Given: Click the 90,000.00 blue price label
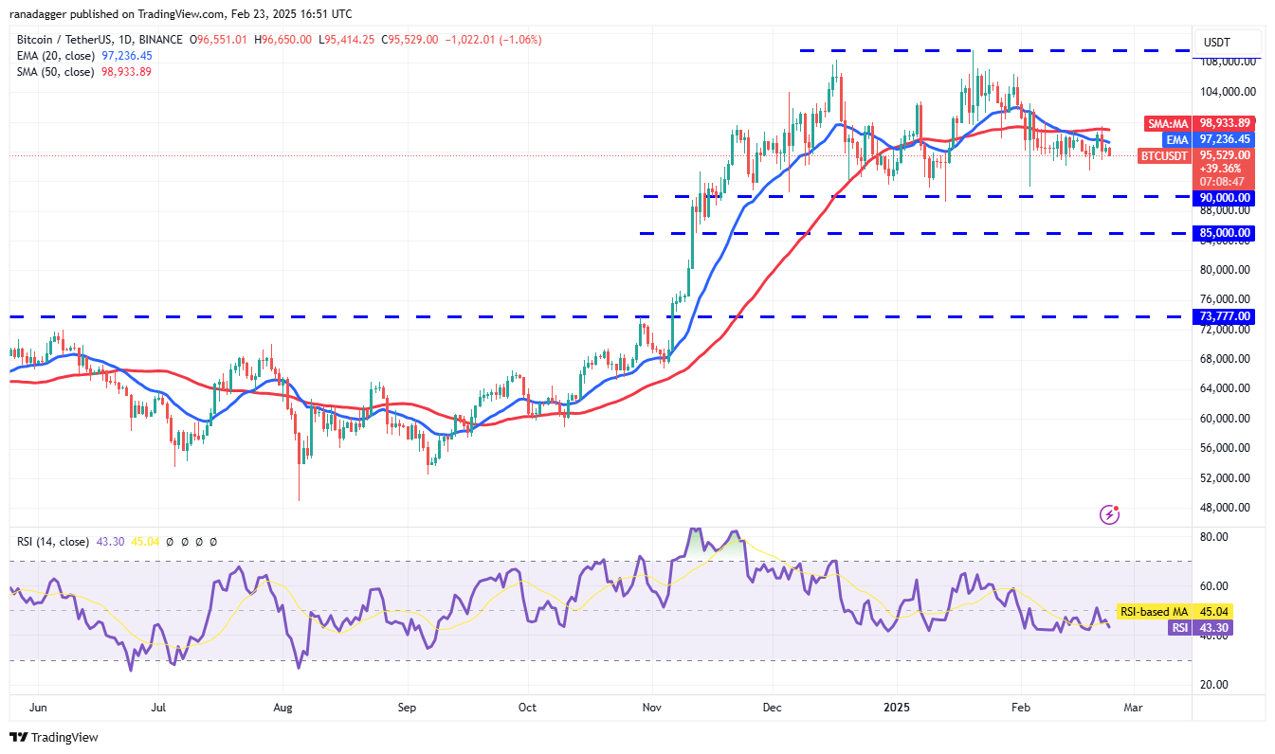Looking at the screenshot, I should (1224, 198).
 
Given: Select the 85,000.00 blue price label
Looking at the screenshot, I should (1224, 233).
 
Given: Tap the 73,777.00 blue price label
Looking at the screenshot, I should (1224, 316).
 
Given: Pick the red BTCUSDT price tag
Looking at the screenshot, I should (1162, 155).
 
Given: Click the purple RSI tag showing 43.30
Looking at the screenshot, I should (1178, 627).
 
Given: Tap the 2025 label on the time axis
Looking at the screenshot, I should (896, 707).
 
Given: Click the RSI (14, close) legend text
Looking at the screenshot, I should (53, 542).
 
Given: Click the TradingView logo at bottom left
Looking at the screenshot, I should (54, 737).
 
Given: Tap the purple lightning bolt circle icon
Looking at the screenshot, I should (1109, 514).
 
